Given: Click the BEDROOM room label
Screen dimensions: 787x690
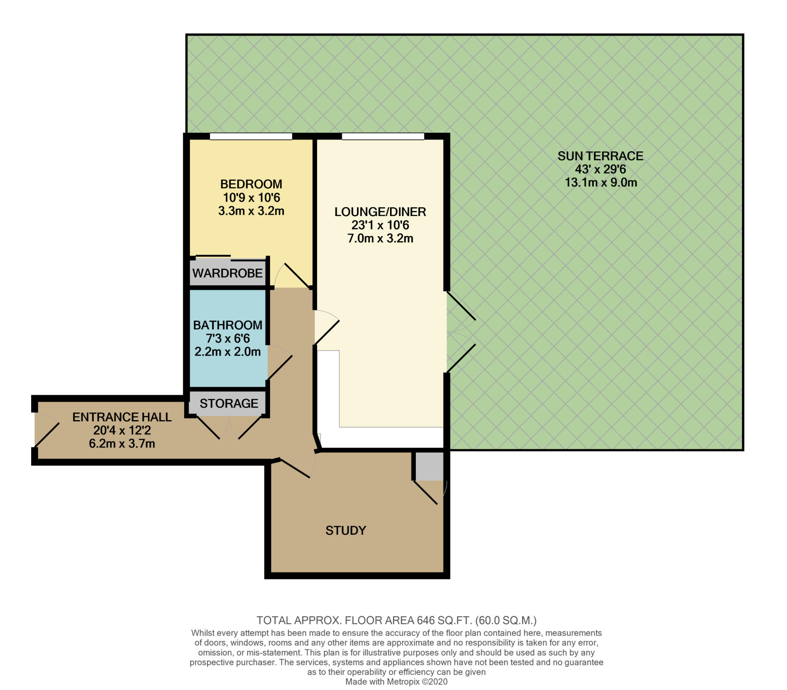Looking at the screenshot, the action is pyautogui.click(x=251, y=184).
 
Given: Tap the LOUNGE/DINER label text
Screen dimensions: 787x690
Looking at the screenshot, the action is pyautogui.click(x=380, y=212).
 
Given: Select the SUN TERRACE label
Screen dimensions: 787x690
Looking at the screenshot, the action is pyautogui.click(x=600, y=156).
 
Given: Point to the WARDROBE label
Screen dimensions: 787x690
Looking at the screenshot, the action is pyautogui.click(x=227, y=273).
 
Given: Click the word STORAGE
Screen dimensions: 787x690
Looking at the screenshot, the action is pyautogui.click(x=229, y=404).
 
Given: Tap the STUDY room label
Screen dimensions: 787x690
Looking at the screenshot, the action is pyautogui.click(x=345, y=530).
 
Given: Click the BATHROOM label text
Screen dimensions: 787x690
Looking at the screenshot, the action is pyautogui.click(x=228, y=325).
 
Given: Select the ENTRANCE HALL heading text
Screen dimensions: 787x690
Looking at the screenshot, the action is pyautogui.click(x=122, y=417).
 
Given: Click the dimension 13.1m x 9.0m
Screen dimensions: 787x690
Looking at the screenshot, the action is pyautogui.click(x=601, y=183).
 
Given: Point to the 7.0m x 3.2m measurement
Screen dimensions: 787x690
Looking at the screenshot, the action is pyautogui.click(x=380, y=238).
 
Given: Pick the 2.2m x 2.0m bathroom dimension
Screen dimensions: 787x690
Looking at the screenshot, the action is pyautogui.click(x=228, y=352).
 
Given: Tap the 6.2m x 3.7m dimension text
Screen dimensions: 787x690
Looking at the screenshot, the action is pyautogui.click(x=122, y=444).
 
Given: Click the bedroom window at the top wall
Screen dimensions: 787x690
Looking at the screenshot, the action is pyautogui.click(x=251, y=136).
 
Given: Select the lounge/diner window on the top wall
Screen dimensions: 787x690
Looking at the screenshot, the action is pyautogui.click(x=383, y=136).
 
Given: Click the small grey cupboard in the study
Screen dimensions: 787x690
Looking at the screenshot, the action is pyautogui.click(x=430, y=466).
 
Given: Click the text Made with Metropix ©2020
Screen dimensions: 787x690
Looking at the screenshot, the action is pyautogui.click(x=397, y=682).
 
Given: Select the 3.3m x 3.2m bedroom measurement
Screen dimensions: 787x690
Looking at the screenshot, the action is pyautogui.click(x=251, y=211).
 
